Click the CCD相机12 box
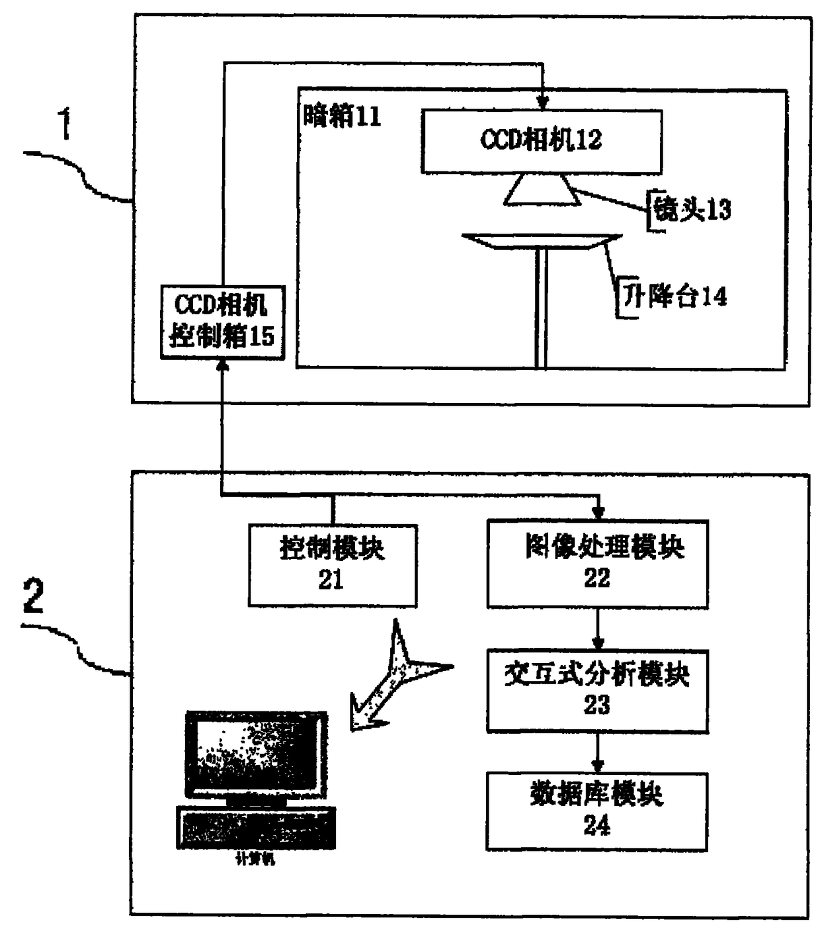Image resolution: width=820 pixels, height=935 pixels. pos(542,142)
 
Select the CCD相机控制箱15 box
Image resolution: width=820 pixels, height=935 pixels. pos(223,322)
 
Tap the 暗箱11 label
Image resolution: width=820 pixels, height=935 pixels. pos(342,116)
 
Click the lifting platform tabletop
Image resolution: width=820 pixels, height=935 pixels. pos(542,241)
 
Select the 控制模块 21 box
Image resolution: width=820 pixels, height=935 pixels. pos(332,565)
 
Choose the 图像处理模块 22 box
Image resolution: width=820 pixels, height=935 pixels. pos(597,564)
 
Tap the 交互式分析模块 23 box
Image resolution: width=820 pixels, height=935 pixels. pos(597,690)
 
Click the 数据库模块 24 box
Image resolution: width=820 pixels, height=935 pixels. pos(597,810)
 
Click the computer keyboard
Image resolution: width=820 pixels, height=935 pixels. pos(256,827)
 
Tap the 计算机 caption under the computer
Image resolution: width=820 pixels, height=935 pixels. pos(256,860)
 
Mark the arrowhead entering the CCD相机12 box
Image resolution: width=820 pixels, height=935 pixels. pos(542,103)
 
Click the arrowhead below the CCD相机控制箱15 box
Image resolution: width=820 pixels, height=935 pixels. pos(223,366)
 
